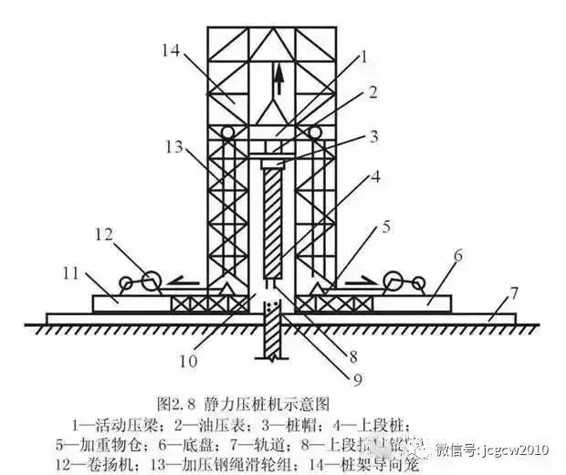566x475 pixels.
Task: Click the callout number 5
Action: [387, 225]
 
